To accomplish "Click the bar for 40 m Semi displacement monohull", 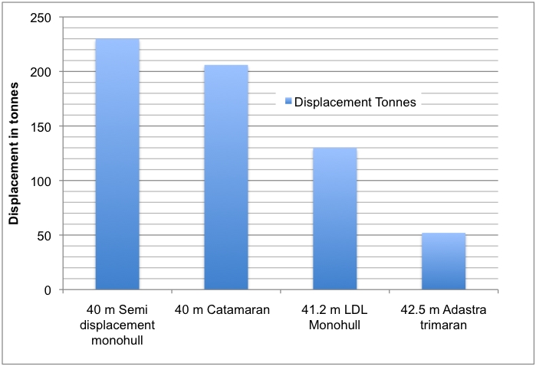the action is pyautogui.click(x=117, y=164).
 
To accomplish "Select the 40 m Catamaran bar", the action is pyautogui.click(x=226, y=177).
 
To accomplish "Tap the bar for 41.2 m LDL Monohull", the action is pyautogui.click(x=334, y=219).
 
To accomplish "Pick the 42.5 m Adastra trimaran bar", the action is pyautogui.click(x=443, y=261).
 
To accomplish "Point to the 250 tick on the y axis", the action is pyautogui.click(x=41, y=18).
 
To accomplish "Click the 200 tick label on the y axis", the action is pyautogui.click(x=41, y=72).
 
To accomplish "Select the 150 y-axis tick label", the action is pyautogui.click(x=41, y=126).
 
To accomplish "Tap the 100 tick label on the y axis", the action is pyautogui.click(x=41, y=181).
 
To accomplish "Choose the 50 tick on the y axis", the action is pyautogui.click(x=44, y=236).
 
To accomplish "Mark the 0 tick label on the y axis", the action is pyautogui.click(x=48, y=290).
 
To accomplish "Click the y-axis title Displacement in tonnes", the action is pyautogui.click(x=14, y=153).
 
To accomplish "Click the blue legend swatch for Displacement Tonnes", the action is pyautogui.click(x=288, y=101).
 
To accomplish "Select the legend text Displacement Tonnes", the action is pyautogui.click(x=355, y=102).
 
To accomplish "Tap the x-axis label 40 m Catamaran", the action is pyautogui.click(x=222, y=309).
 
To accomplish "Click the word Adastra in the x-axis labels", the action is pyautogui.click(x=464, y=309).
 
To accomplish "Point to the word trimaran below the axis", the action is pyautogui.click(x=443, y=325).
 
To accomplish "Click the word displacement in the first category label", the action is pyautogui.click(x=117, y=325).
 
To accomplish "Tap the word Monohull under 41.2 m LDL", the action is pyautogui.click(x=334, y=325).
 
